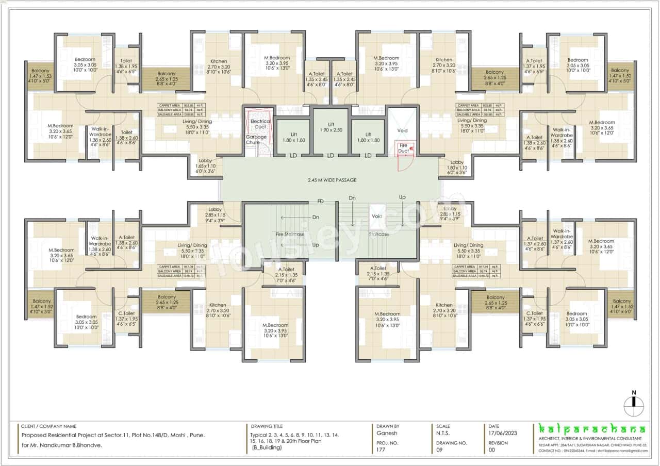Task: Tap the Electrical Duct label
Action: [x=260, y=124]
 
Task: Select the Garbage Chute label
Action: [x=256, y=139]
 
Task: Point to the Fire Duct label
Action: [x=403, y=148]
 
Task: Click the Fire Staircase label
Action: [x=290, y=234]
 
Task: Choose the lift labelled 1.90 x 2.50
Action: [x=331, y=127]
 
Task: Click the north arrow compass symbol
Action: [x=634, y=404]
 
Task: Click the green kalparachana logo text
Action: [x=591, y=429]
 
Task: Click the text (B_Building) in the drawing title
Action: [x=267, y=447]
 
